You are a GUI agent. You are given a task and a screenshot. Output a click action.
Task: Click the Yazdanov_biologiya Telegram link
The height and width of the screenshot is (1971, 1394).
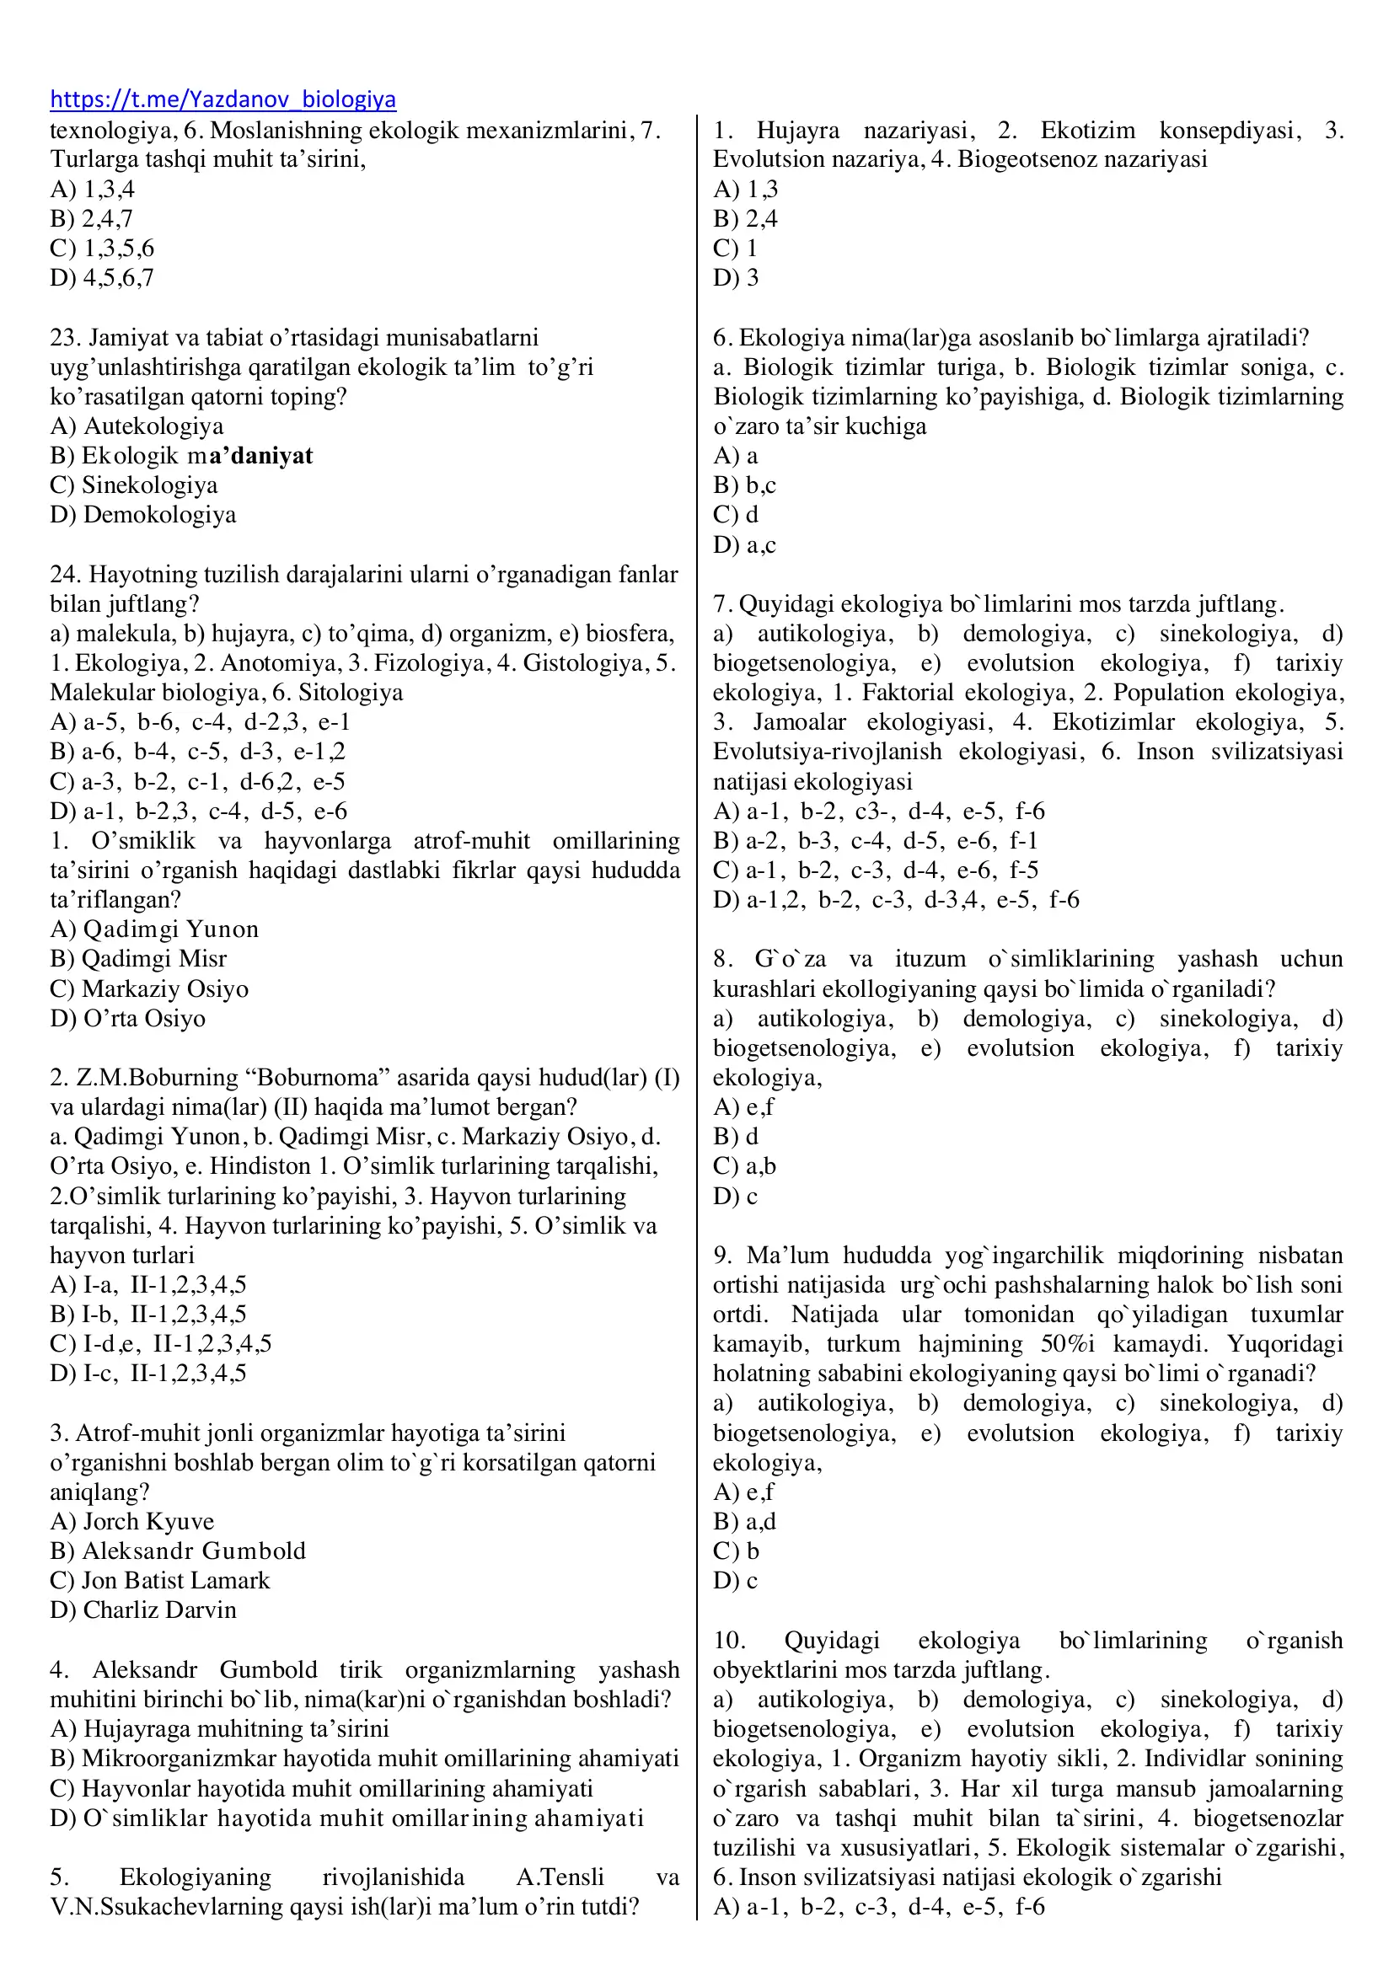223,99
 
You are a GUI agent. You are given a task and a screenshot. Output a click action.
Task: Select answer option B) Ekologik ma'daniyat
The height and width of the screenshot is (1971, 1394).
181,456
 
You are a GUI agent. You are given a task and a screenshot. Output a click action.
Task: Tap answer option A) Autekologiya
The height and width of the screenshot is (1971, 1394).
137,426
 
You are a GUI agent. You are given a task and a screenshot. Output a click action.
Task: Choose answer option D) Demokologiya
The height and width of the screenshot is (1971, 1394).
142,515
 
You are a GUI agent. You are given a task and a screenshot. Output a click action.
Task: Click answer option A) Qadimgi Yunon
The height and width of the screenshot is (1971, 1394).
153,929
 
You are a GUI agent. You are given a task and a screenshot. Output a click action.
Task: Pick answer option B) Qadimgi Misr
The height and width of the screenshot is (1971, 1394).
138,959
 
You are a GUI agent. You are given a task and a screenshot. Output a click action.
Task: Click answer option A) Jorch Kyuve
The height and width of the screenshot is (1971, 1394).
132,1522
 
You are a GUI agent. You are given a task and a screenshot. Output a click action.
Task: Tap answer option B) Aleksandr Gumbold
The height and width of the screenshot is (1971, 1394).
178,1551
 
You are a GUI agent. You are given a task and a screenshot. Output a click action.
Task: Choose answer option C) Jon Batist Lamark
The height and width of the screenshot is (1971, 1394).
159,1580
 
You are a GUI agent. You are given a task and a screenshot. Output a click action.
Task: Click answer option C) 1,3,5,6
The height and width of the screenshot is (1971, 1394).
102,249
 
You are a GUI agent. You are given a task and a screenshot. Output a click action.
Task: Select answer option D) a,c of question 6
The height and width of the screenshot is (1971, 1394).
744,545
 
